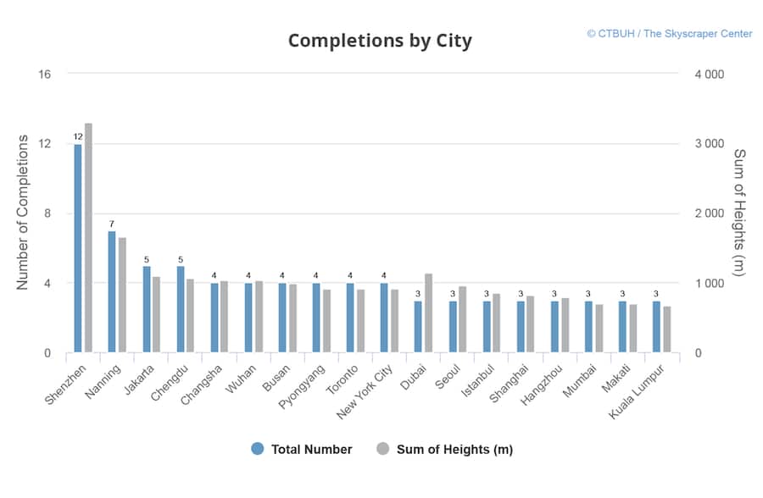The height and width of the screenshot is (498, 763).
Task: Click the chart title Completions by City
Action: tap(380, 41)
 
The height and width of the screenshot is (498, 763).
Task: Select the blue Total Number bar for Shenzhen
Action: tap(78, 248)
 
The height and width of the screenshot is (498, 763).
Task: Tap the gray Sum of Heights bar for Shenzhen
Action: tap(88, 238)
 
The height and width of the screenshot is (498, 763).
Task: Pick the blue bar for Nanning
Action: tap(112, 292)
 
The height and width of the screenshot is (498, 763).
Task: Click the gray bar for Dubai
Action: tap(429, 313)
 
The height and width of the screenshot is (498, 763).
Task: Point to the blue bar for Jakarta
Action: tap(147, 309)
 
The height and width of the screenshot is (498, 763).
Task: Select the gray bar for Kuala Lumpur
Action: tap(666, 329)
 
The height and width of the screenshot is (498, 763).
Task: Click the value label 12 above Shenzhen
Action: tap(78, 136)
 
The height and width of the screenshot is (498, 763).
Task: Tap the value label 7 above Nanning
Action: tap(112, 224)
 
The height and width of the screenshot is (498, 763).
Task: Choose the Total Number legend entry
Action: tap(302, 450)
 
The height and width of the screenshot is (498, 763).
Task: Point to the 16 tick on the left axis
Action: tap(44, 75)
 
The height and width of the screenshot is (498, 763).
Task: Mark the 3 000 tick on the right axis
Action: tap(709, 144)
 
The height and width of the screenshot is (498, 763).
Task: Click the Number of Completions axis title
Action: tap(23, 213)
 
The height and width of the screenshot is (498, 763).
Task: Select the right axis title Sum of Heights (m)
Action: tap(738, 213)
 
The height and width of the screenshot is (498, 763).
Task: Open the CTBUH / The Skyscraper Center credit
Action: tap(669, 34)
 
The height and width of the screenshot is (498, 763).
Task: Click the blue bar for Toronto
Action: tap(350, 318)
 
